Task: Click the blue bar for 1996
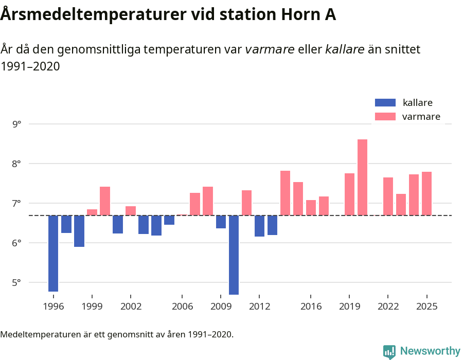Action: point(54,254)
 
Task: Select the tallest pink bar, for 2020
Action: point(362,177)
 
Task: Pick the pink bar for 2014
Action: point(285,193)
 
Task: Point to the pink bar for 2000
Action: point(105,201)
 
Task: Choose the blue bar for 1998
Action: point(79,231)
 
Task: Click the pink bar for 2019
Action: point(349,194)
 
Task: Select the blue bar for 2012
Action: point(259,226)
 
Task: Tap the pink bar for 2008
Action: point(208,201)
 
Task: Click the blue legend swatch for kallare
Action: point(385,103)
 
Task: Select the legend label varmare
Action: point(421,117)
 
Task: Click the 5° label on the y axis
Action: point(17,282)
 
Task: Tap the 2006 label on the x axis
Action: point(182,307)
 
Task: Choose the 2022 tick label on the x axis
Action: point(388,307)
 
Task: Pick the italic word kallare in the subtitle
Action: point(345,49)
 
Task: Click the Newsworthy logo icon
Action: point(389,351)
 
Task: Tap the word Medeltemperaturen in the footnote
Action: point(36,334)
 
